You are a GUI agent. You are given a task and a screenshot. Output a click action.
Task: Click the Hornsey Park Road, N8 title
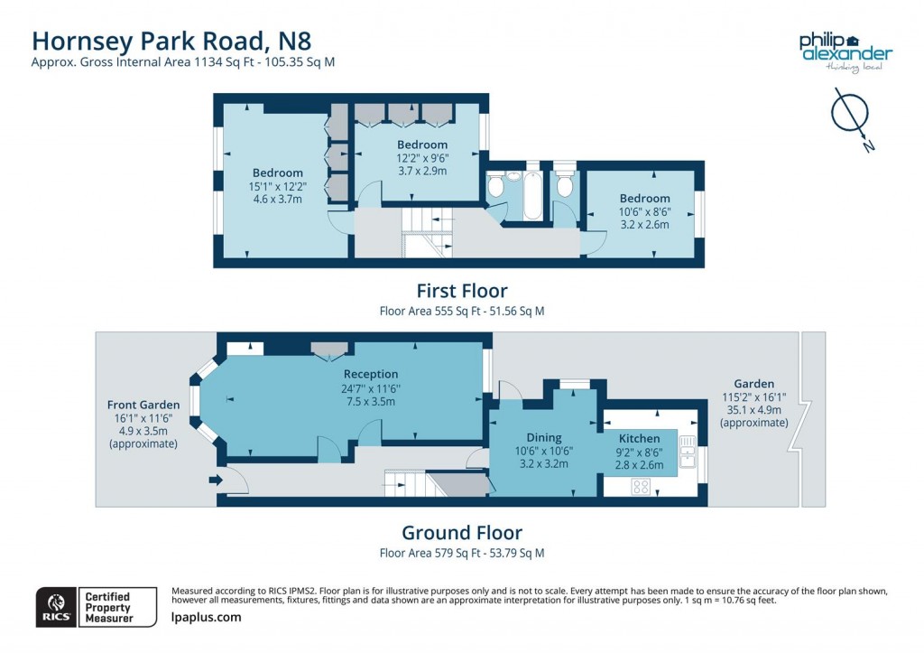(x=171, y=41)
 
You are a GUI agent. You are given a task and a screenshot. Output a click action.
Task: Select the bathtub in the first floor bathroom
(x=531, y=195)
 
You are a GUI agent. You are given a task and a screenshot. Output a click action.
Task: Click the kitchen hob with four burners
(x=641, y=487)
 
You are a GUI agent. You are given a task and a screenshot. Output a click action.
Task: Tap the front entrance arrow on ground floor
(x=216, y=480)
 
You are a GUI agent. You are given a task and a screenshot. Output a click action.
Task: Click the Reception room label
(x=371, y=374)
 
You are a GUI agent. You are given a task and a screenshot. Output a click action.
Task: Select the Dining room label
(x=544, y=438)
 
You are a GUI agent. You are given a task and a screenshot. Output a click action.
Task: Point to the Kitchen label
(x=640, y=438)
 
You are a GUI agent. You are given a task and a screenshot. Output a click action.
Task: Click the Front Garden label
(x=143, y=405)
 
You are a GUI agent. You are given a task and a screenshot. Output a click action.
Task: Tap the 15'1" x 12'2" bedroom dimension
(x=278, y=186)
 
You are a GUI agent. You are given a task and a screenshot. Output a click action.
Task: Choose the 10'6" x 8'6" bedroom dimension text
(x=644, y=211)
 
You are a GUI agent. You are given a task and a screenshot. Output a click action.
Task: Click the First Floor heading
(x=462, y=291)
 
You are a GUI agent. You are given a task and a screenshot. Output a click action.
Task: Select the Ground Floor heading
(x=462, y=533)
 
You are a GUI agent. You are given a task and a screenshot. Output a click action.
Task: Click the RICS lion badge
(x=57, y=607)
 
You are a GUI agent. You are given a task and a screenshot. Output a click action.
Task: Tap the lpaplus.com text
(x=207, y=617)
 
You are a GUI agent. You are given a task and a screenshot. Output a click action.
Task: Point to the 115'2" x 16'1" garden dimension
(x=754, y=397)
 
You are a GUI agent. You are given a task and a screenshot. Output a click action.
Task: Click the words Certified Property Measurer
(x=109, y=607)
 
